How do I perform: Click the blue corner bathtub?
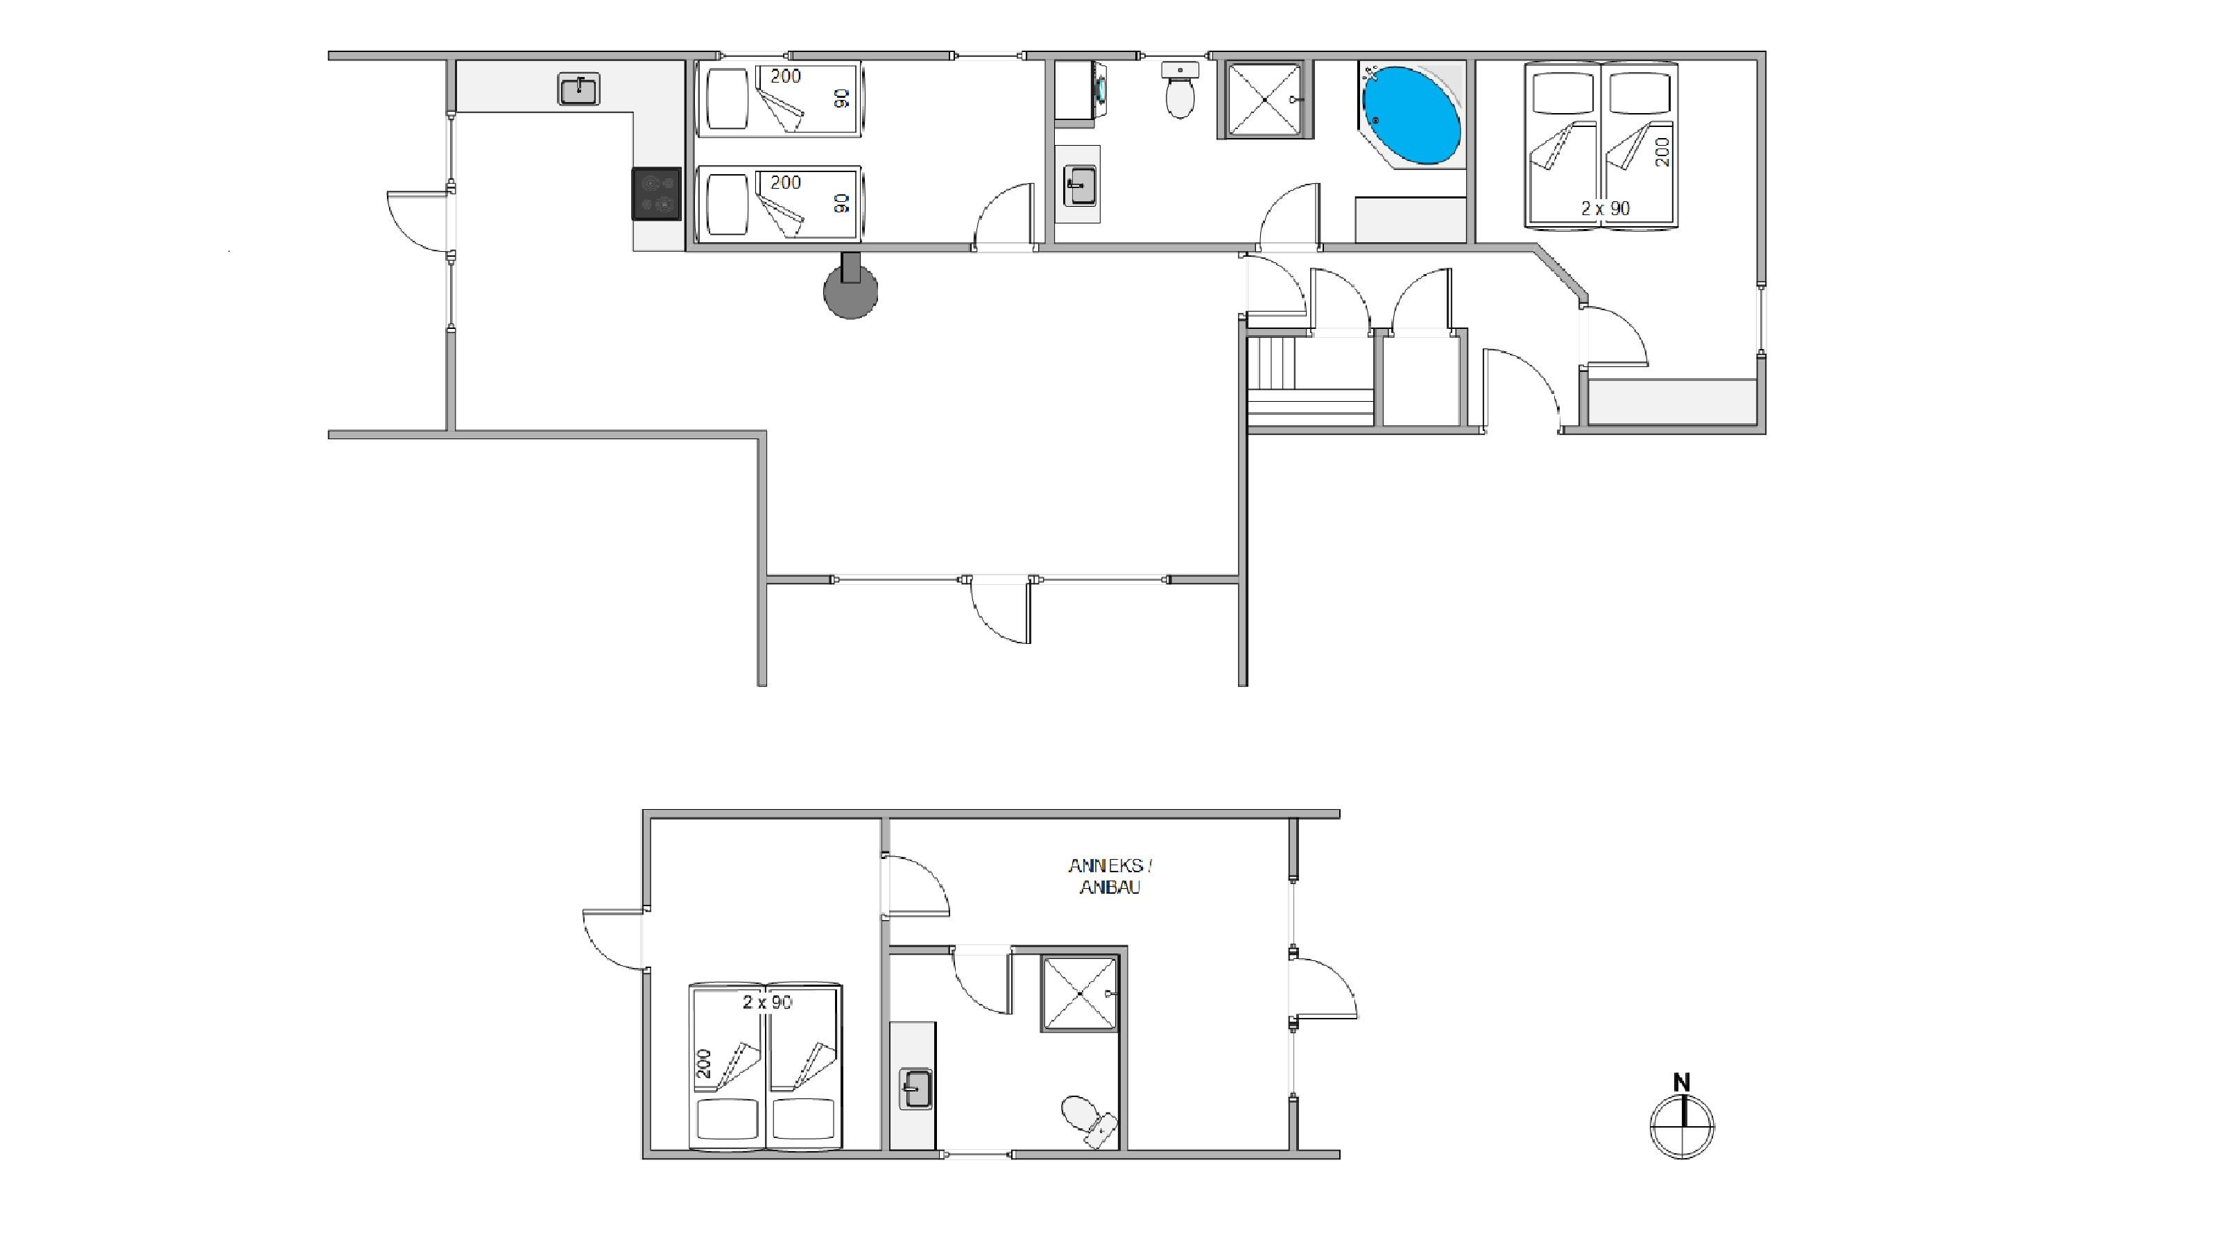(1411, 114)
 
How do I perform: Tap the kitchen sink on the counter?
(579, 90)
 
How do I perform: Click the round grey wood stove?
(850, 289)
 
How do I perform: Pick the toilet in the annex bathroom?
(1088, 1121)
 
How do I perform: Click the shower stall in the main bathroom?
(1264, 99)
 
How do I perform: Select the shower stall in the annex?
(1081, 993)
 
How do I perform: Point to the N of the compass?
(1681, 1082)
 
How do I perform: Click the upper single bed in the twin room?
(780, 99)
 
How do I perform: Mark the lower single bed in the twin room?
(780, 203)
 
